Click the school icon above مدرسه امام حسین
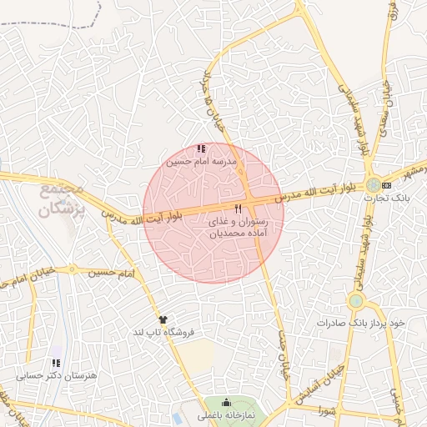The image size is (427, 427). pos(200,148)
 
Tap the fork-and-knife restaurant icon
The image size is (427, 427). pos(239,208)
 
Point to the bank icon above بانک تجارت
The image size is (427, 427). pos(385,185)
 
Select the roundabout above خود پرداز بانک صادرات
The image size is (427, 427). pos(356,300)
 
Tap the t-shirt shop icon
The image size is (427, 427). pos(163,319)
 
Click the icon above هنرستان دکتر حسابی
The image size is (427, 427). pos(56,363)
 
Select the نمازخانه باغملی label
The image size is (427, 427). pos(226,414)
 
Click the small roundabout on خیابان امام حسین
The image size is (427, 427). pos(73,269)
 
